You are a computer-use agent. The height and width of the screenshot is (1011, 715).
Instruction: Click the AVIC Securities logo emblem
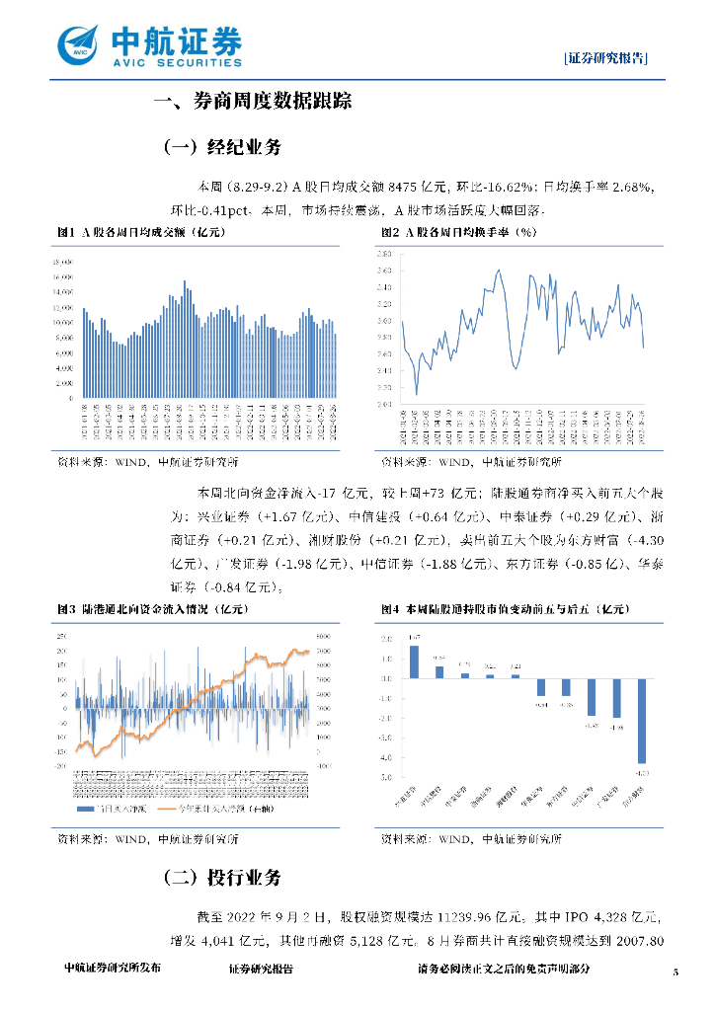pyautogui.click(x=79, y=43)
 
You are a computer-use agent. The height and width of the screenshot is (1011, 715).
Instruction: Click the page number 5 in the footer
pyautogui.click(x=676, y=972)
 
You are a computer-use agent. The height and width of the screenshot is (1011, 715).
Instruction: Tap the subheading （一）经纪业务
pyautogui.click(x=221, y=148)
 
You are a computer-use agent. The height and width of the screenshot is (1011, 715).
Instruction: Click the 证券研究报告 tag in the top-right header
pyautogui.click(x=606, y=57)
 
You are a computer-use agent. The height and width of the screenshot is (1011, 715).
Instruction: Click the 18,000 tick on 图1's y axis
pyautogui.click(x=62, y=262)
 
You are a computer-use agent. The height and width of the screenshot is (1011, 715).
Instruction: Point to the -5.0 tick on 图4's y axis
pyautogui.click(x=385, y=778)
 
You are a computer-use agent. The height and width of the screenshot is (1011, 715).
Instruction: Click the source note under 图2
pyautogui.click(x=471, y=462)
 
